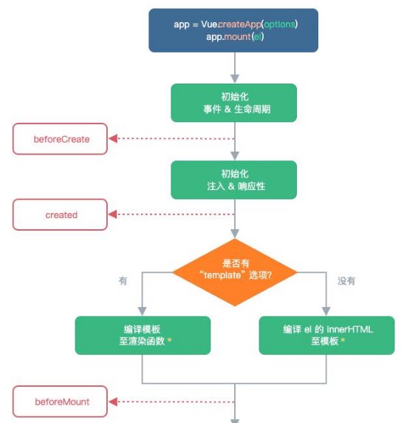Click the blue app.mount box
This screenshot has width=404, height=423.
coord(233,30)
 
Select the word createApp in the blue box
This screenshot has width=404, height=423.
coord(240,24)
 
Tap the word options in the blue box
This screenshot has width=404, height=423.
coord(279,24)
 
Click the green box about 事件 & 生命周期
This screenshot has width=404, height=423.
coord(234,103)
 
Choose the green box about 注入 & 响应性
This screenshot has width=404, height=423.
coord(234,180)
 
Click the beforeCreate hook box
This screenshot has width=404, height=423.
coord(60,139)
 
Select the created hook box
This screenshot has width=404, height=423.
coord(60,214)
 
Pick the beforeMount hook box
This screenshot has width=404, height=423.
coord(60,402)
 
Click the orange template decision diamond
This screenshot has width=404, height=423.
coord(235,272)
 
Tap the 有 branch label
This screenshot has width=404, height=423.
coord(123,281)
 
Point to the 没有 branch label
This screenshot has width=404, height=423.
coord(346,281)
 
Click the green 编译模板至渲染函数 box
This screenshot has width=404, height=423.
coord(143,335)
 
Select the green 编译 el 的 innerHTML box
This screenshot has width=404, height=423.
coord(326,335)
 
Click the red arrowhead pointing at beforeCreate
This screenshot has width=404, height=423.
coord(113,139)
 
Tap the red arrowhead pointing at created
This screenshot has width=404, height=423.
coord(113,214)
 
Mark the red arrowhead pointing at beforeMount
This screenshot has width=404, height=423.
coord(113,402)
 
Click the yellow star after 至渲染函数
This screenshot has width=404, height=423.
coord(170,340)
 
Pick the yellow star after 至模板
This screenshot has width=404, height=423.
coord(343,340)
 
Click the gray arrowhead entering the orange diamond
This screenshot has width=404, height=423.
coord(235,234)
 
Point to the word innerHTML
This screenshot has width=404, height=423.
coord(350,329)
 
